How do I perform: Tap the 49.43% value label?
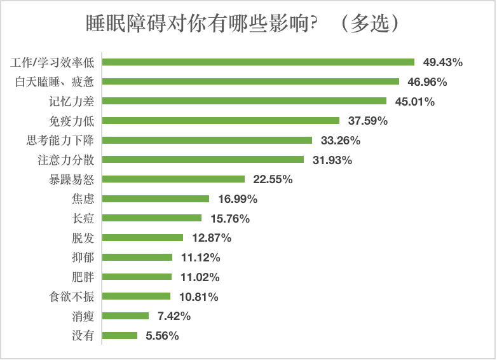(443, 62)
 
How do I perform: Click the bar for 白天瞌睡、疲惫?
(250, 81)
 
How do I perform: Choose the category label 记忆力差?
(73, 101)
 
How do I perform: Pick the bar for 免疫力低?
(221, 120)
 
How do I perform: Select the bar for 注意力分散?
(203, 160)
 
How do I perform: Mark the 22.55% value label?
(273, 179)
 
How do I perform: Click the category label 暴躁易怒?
(73, 179)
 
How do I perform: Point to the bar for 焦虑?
(156, 198)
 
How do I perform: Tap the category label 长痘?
(83, 218)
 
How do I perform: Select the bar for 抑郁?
(137, 257)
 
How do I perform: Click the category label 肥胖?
(83, 277)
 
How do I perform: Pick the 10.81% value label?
(198, 296)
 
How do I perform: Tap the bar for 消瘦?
(125, 315)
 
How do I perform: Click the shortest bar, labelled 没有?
(119, 335)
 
